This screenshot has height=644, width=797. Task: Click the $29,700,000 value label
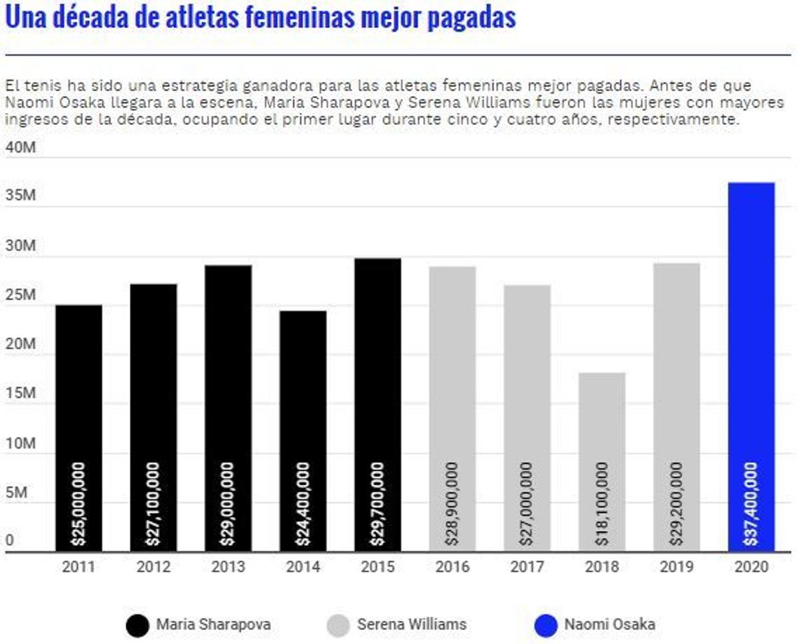[x=377, y=505]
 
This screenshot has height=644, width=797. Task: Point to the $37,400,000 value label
[x=751, y=505]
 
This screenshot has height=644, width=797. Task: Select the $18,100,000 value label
[x=602, y=505]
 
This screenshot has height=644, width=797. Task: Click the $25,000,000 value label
[x=78, y=505]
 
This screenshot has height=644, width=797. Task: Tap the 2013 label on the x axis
[x=228, y=567]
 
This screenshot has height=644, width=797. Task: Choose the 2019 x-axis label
[x=676, y=567]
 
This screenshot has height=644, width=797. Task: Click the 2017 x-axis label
[x=527, y=567]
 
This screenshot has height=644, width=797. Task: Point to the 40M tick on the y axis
[x=20, y=147]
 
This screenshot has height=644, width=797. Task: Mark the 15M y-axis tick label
[x=20, y=393]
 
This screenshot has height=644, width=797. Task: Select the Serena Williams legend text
[x=412, y=625]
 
